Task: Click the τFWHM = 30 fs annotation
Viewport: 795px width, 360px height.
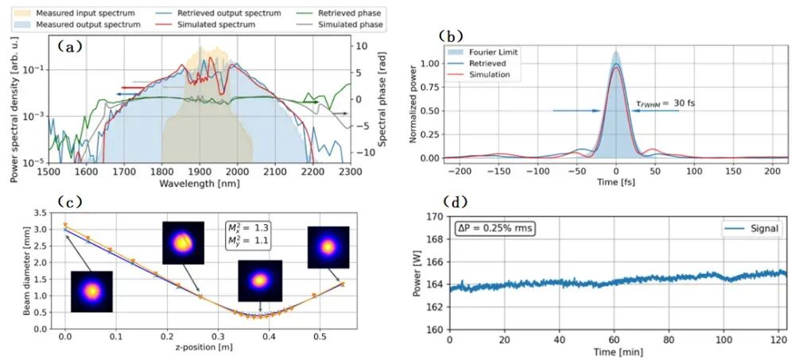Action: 661,103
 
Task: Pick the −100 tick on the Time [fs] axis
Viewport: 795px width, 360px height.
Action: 537,171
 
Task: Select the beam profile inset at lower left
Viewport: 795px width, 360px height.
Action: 91,292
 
